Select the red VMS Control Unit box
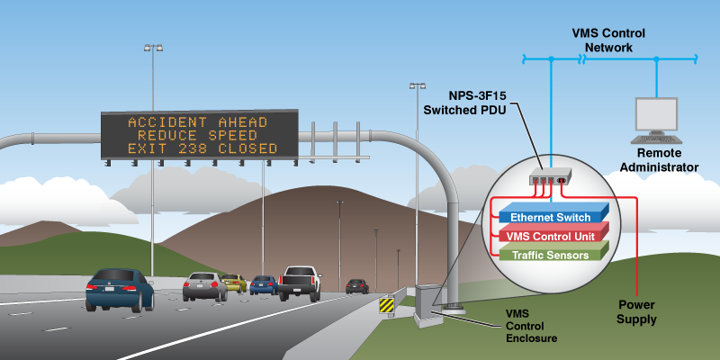point(553,234)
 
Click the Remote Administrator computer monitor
point(656,115)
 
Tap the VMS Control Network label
point(608,40)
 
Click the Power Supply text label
point(636,311)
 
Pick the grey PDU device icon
point(550,175)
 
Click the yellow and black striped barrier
point(387,305)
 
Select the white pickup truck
point(300,283)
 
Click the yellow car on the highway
point(234,283)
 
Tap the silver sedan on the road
point(205,286)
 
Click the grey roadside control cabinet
point(428,305)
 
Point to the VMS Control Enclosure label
point(531,327)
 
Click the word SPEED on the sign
point(233,136)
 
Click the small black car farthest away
point(357,286)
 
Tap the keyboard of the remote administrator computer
point(656,139)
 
